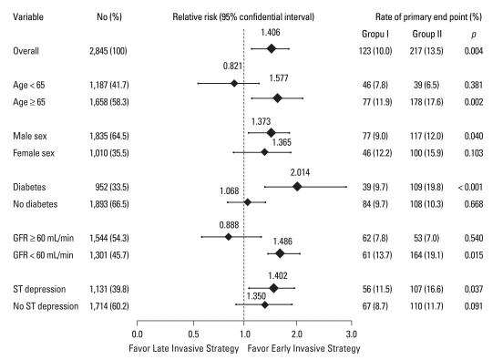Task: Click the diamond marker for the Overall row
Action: pyautogui.click(x=271, y=48)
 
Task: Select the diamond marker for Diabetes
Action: pyautogui.click(x=297, y=186)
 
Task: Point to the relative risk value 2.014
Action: pyautogui.click(x=303, y=171)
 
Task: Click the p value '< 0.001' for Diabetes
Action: pyautogui.click(x=473, y=186)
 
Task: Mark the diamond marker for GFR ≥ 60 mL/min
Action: pyautogui.click(x=229, y=237)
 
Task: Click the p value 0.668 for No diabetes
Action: pyautogui.click(x=473, y=202)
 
